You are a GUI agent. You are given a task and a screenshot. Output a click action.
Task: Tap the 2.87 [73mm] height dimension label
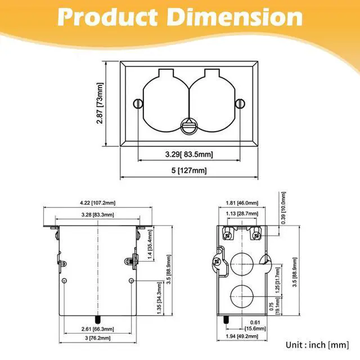(x=100, y=105)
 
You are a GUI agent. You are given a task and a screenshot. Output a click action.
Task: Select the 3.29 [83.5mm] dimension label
(x=188, y=153)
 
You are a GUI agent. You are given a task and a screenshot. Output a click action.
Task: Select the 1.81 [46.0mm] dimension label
(x=242, y=202)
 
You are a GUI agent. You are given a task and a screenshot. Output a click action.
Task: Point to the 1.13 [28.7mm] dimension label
(x=242, y=214)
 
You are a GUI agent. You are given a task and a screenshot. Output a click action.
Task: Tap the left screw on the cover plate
(x=137, y=103)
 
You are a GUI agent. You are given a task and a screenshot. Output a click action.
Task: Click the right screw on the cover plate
(x=240, y=103)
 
